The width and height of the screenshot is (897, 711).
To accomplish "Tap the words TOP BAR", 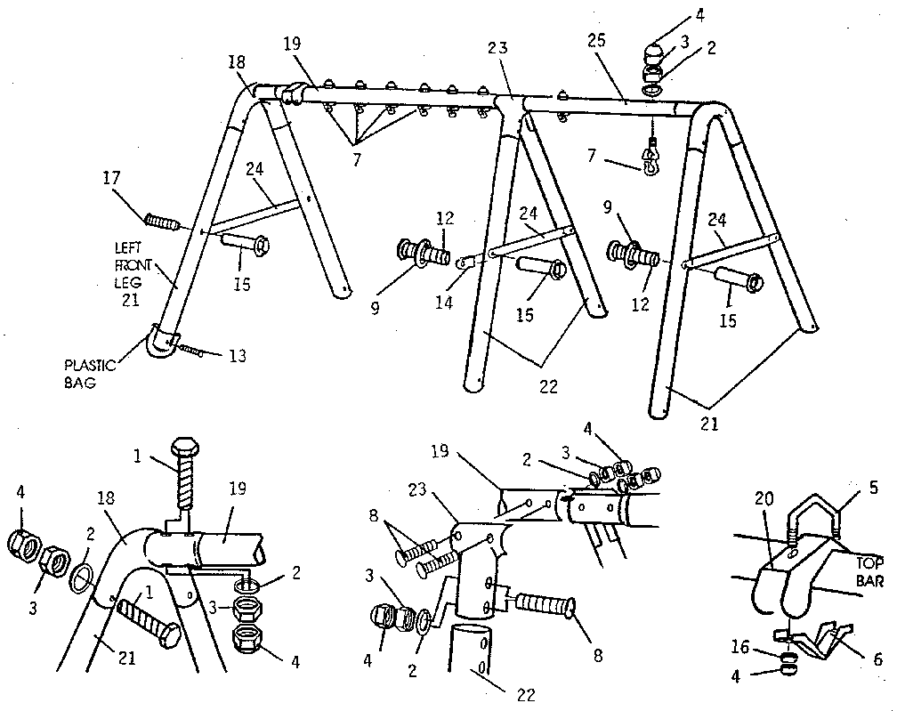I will (868, 573).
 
